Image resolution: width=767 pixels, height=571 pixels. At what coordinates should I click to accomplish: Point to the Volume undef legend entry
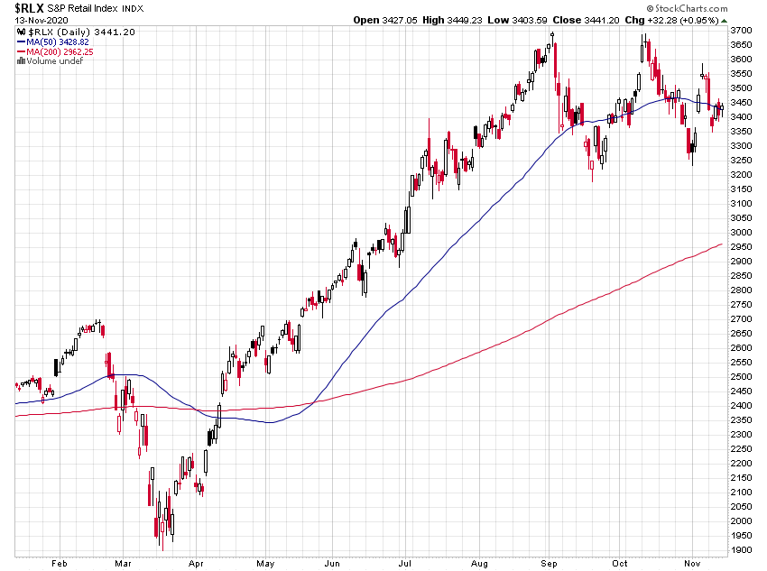(x=51, y=61)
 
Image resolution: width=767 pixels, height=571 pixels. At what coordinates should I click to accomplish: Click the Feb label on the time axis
(x=59, y=562)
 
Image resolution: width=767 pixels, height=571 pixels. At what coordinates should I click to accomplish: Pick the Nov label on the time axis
(x=692, y=562)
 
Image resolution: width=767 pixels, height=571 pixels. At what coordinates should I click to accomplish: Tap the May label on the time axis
(x=266, y=562)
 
